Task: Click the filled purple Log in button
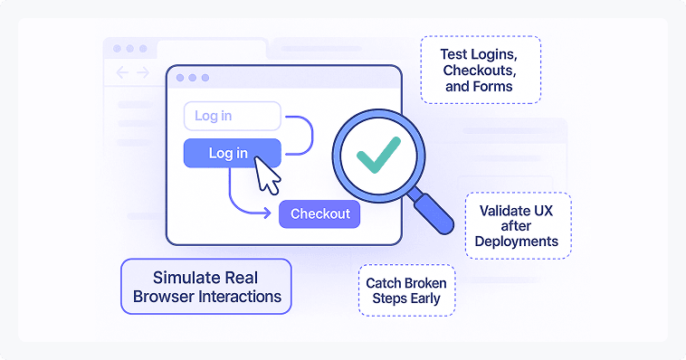coord(232,154)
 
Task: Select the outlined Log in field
coord(232,116)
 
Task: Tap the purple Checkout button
coord(319,213)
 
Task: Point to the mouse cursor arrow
coord(267,173)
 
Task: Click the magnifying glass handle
coord(432,210)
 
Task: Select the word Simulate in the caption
coord(170,277)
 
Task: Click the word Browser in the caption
coord(164,296)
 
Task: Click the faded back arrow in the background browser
coord(121,72)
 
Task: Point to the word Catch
coord(384,283)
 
